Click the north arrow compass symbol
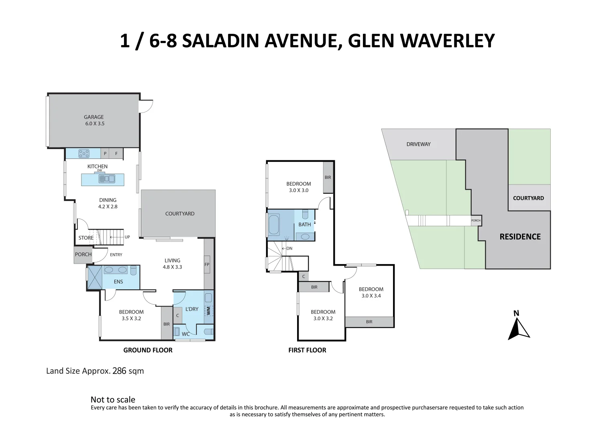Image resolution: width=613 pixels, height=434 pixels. pos(519,327)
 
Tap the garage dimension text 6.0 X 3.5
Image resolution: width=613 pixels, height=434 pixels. pos(95,124)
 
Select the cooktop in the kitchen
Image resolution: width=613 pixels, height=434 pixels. pos(83,153)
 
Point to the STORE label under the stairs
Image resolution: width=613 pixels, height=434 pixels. pos(86,238)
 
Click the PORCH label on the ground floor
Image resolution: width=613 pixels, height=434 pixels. pos(83,254)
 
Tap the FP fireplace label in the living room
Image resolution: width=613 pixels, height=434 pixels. pos(207,264)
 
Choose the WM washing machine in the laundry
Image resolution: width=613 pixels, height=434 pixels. pos(208,310)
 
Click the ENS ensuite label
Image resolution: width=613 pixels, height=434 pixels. pos(118,282)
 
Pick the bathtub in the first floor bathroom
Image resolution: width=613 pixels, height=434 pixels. pos(274,225)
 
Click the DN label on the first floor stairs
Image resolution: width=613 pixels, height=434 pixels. pos(289,248)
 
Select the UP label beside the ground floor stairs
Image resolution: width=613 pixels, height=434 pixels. pos(127,237)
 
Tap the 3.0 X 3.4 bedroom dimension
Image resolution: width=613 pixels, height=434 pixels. pos(371,296)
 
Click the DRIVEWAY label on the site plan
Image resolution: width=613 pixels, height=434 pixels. pos(418,144)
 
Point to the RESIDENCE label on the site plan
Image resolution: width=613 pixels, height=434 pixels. pos(520,237)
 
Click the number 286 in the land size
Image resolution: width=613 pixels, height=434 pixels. pos(119,371)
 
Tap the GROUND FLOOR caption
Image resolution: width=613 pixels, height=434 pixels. pos(148,350)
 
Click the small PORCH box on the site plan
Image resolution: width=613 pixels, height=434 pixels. pos(476,221)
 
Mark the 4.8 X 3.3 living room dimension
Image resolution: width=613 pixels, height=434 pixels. pos(173,267)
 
